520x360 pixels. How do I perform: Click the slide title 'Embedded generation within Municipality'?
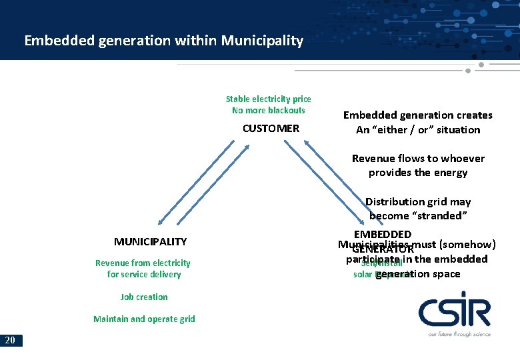[x=163, y=41]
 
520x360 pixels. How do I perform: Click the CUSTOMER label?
[x=271, y=128]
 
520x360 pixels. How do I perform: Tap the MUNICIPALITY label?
[x=150, y=241]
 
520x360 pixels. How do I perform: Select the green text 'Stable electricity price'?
[x=268, y=99]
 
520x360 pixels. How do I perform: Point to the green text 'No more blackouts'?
[x=268, y=110]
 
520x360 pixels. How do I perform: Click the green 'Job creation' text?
[x=144, y=297]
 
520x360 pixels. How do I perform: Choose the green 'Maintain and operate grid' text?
[x=144, y=319]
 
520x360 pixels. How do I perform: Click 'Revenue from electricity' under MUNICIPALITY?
[x=143, y=263]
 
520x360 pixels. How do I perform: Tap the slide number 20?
[x=11, y=341]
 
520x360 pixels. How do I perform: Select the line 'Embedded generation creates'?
[x=418, y=115]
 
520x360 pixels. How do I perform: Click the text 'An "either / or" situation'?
[x=418, y=129]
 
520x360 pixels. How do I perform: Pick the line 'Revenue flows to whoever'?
[x=418, y=158]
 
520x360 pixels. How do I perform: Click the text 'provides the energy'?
[x=418, y=172]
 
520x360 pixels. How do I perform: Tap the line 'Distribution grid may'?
[x=418, y=201]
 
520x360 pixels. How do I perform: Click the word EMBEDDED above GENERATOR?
[x=383, y=234]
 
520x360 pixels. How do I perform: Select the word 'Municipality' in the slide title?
[x=262, y=41]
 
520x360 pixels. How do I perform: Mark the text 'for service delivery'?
[x=144, y=274]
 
